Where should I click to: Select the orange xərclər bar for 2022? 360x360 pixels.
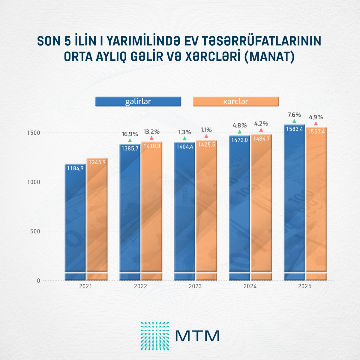click(152, 210)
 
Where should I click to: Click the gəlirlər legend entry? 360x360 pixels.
click(138, 101)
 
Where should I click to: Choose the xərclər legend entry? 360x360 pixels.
click(236, 101)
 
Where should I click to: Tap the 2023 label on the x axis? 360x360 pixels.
click(195, 286)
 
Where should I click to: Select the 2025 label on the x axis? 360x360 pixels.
click(305, 286)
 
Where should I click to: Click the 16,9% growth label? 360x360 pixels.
click(130, 134)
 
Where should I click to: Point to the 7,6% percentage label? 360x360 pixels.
click(294, 115)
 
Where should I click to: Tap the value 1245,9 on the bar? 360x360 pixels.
click(97, 162)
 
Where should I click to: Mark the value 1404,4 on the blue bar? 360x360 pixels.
click(185, 147)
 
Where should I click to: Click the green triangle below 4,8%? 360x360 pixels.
click(239, 132)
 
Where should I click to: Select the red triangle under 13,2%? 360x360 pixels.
click(151, 138)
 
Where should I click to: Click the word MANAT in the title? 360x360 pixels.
click(270, 57)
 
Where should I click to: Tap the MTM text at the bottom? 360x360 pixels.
click(197, 336)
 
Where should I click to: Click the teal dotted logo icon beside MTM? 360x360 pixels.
click(155, 336)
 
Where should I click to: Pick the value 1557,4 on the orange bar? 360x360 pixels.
click(316, 131)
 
